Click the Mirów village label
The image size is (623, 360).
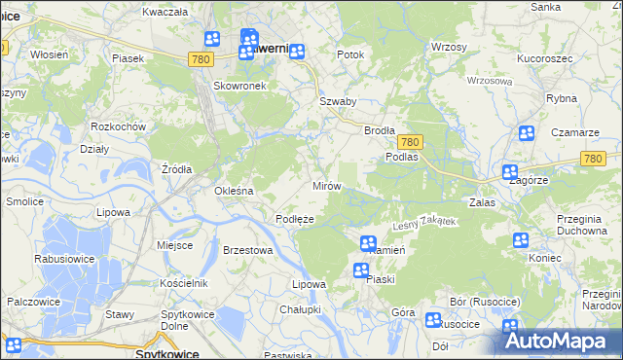click(x=325, y=185)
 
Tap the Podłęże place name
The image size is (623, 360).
click(x=294, y=220)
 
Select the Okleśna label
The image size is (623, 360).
click(x=234, y=191)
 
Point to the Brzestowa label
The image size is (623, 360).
click(x=247, y=250)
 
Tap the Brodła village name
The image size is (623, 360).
click(x=379, y=130)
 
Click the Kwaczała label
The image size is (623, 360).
click(x=165, y=12)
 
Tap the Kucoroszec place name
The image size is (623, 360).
click(x=544, y=58)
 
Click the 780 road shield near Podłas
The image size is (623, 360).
click(x=409, y=141)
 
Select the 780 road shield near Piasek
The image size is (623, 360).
click(x=201, y=59)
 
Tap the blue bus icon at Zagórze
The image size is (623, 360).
click(x=510, y=172)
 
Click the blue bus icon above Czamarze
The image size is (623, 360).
click(x=527, y=133)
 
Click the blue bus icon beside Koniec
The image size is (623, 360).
click(x=520, y=239)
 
